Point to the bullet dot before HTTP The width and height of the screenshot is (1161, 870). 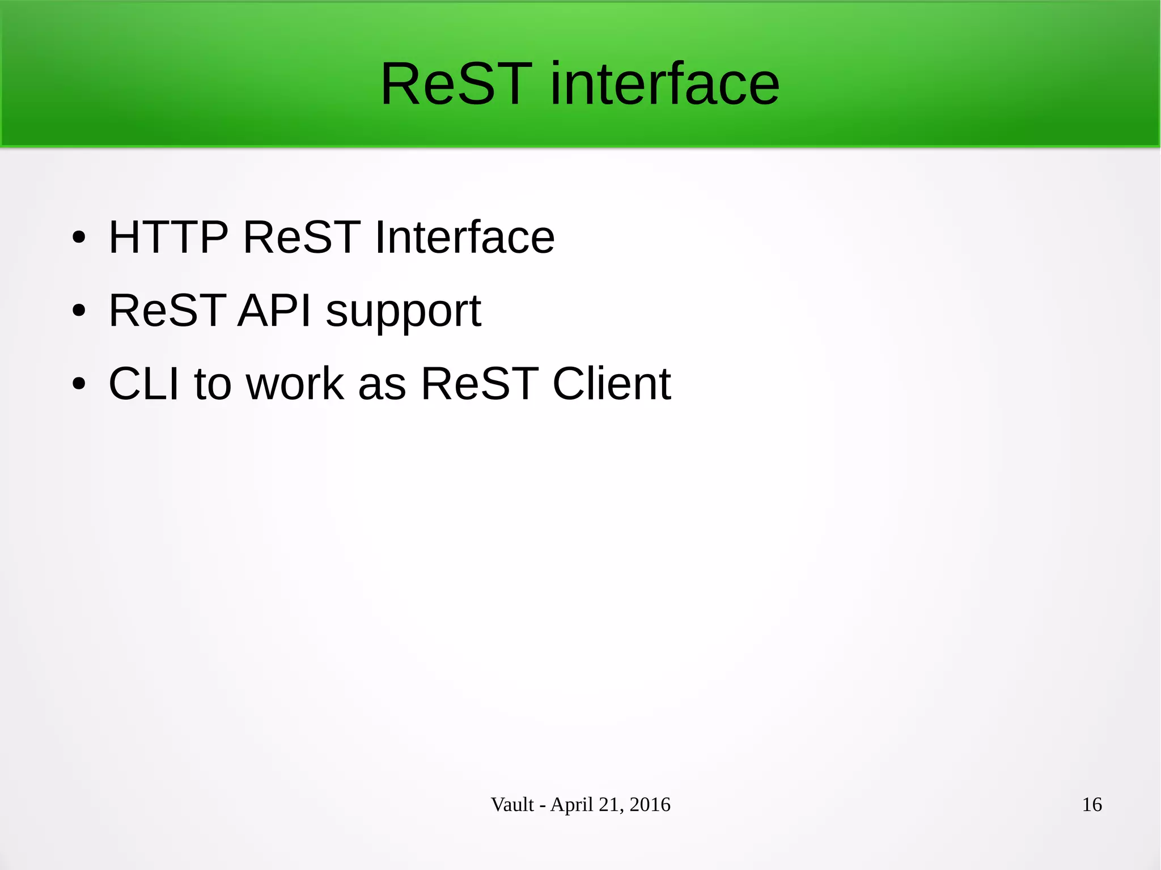click(79, 237)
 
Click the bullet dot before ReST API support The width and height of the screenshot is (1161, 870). click(79, 311)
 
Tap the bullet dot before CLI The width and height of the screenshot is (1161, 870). click(79, 384)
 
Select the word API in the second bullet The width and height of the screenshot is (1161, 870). click(274, 311)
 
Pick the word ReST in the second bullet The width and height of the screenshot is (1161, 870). click(167, 311)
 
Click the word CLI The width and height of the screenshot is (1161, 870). click(144, 384)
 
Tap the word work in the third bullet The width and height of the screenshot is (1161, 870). click(295, 384)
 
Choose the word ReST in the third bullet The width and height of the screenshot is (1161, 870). click(480, 384)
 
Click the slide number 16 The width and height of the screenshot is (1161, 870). click(1092, 804)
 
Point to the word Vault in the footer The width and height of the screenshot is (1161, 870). click(512, 804)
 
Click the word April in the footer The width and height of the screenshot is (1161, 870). click(571, 805)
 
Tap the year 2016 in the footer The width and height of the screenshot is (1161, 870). click(650, 804)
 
